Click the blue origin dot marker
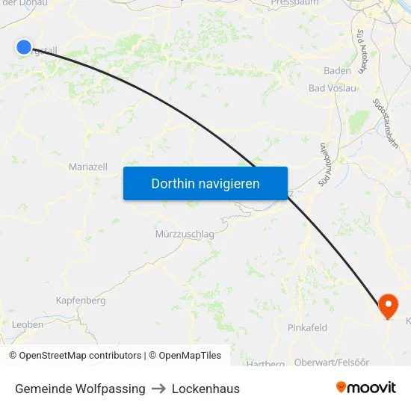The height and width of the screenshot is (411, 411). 23,47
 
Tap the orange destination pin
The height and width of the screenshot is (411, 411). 389,305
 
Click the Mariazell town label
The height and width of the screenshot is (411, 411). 88,167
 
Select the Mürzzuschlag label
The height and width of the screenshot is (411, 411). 185,234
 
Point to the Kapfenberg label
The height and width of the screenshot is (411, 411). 81,300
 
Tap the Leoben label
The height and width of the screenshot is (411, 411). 28,324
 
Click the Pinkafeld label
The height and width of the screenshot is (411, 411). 308,327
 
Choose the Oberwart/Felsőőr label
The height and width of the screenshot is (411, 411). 332,362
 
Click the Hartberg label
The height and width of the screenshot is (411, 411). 265,363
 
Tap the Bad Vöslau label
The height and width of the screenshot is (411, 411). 333,88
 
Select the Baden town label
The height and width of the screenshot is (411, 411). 337,70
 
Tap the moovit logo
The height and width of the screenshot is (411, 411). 366,388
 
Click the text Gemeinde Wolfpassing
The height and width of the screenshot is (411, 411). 80,389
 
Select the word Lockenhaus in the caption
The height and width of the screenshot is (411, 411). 205,389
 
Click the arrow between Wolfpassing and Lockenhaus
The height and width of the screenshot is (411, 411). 158,389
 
